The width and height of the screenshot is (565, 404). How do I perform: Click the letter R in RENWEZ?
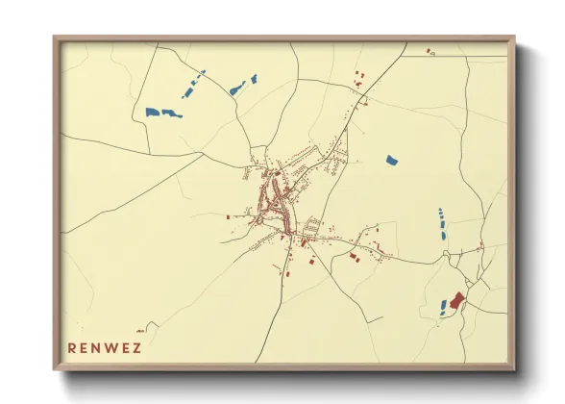pyautogui.click(x=72, y=347)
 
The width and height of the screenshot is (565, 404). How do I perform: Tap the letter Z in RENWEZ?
pyautogui.click(x=136, y=347)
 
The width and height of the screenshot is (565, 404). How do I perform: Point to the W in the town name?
pyautogui.click(x=111, y=347)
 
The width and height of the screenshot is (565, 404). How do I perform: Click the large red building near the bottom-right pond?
pyautogui.click(x=456, y=301)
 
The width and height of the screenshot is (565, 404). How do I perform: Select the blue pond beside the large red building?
pyautogui.click(x=444, y=307)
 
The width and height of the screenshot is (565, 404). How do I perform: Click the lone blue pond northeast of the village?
pyautogui.click(x=391, y=160)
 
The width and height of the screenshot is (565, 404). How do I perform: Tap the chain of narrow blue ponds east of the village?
pyautogui.click(x=442, y=223)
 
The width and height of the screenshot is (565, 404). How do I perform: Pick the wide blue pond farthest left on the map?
pyautogui.click(x=163, y=113)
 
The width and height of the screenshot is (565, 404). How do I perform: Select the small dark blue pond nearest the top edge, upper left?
pyautogui.click(x=254, y=77)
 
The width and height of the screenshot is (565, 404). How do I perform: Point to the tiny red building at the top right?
pyautogui.click(x=430, y=49)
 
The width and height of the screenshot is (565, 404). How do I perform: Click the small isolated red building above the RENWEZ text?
pyautogui.click(x=228, y=218)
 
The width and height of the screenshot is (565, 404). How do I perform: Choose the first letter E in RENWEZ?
pyautogui.click(x=85, y=347)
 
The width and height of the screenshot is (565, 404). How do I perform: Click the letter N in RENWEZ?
pyautogui.click(x=97, y=347)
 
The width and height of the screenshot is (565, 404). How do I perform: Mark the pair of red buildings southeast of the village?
pyautogui.click(x=354, y=257)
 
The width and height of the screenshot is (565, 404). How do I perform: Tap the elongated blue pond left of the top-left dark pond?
pyautogui.click(x=236, y=89)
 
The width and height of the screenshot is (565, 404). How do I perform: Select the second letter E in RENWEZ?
pyautogui.click(x=124, y=347)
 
